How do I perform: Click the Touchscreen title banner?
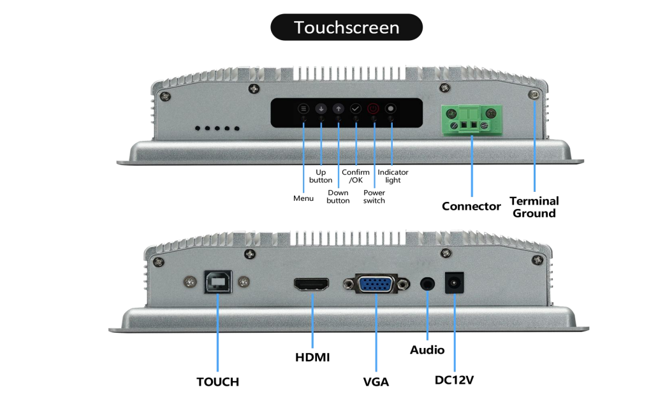[346, 27]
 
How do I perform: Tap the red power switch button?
[374, 109]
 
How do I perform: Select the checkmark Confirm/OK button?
[356, 109]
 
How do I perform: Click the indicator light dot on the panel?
[391, 109]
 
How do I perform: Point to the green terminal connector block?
[472, 119]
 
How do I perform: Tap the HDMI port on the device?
[312, 284]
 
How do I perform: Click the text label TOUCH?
[217, 382]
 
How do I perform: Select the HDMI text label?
[312, 358]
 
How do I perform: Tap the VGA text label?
[376, 382]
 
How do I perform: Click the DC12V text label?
[455, 381]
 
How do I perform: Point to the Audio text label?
[427, 350]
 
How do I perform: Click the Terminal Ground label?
[534, 207]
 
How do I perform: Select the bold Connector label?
[472, 207]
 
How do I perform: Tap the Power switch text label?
[374, 197]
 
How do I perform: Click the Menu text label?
[303, 198]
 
